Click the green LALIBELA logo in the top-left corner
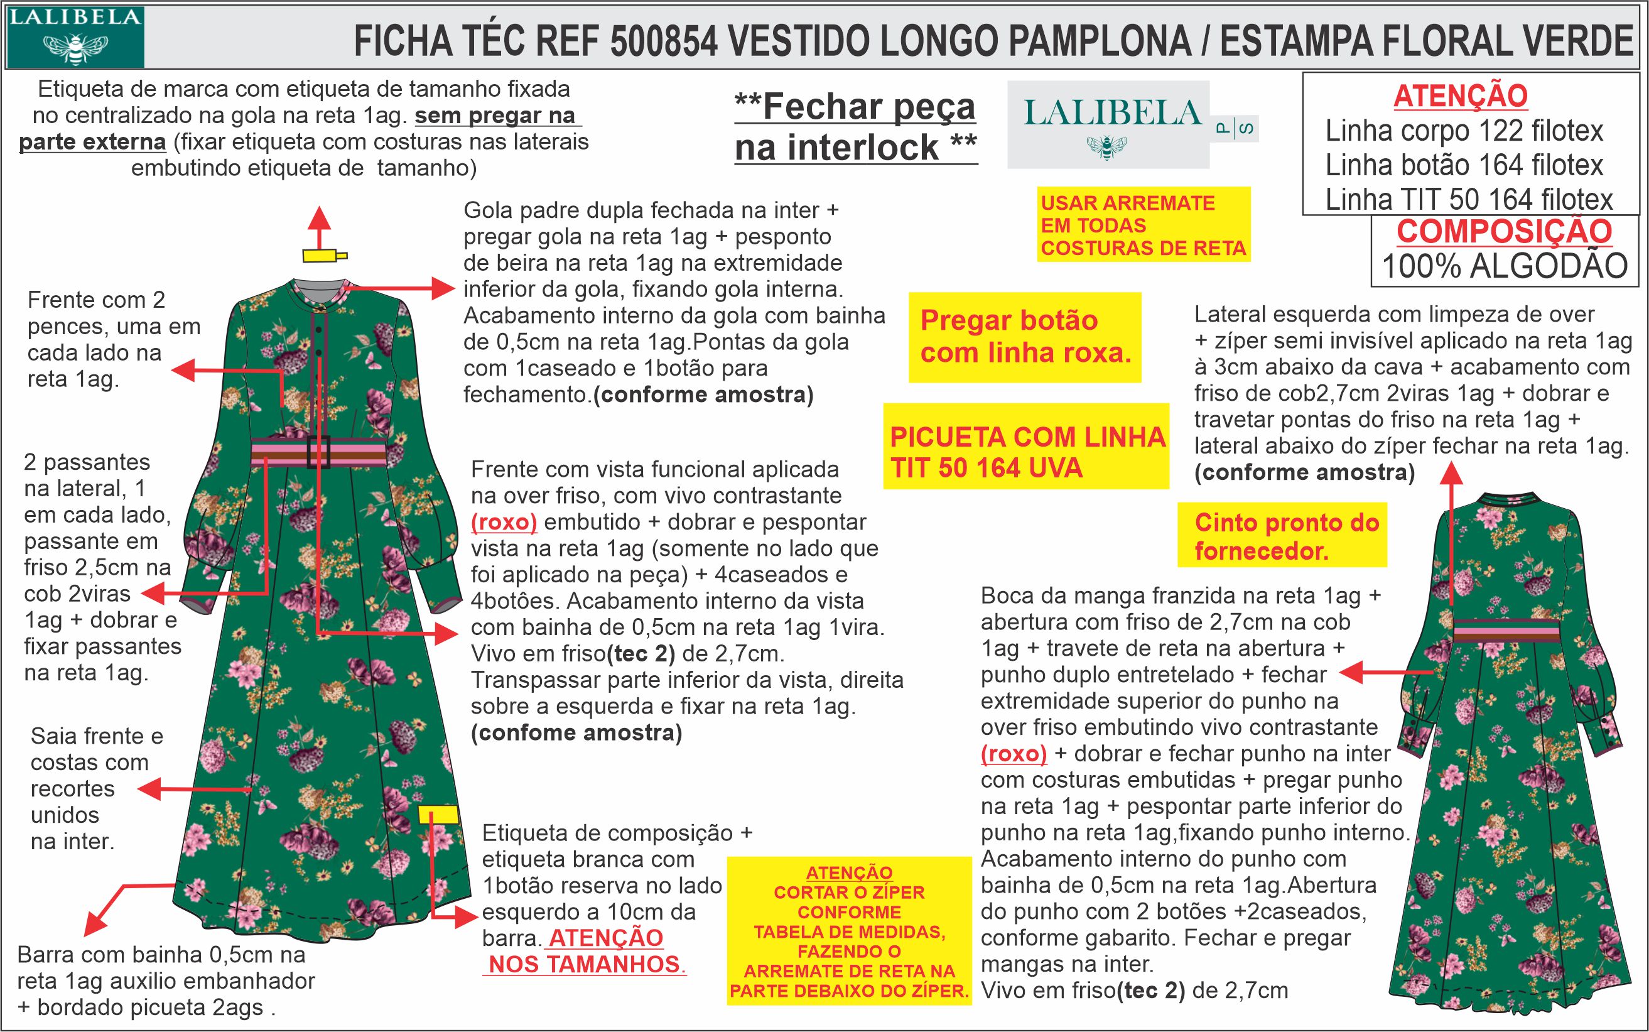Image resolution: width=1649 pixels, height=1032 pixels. (73, 36)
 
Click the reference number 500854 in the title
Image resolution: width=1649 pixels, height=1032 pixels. (663, 41)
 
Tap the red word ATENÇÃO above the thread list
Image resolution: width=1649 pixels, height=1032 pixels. (1460, 95)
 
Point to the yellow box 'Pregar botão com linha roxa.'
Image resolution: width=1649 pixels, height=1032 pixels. (1024, 337)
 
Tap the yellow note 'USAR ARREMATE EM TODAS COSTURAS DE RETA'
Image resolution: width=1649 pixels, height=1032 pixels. (1143, 225)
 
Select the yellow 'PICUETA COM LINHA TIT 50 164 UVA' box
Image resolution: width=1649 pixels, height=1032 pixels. (1026, 452)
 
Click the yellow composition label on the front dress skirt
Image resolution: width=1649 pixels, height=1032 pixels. (437, 814)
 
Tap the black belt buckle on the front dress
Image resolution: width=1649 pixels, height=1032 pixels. (318, 451)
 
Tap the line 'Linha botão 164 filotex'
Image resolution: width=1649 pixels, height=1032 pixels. (1464, 165)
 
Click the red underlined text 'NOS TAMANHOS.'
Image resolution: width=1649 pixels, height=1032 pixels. (587, 964)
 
